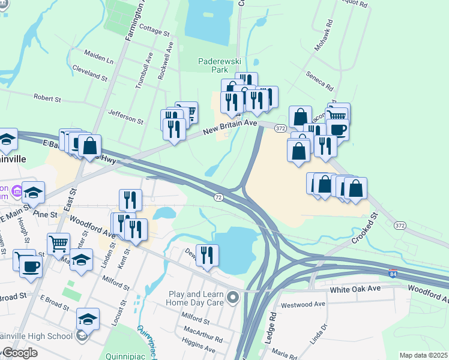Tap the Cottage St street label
(155, 28)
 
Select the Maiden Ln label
(99, 60)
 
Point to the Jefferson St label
(125, 117)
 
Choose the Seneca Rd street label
(319, 78)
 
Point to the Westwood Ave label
(303, 304)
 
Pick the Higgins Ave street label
(197, 348)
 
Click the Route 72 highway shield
(218, 197)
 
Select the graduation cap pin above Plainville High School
(88, 318)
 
